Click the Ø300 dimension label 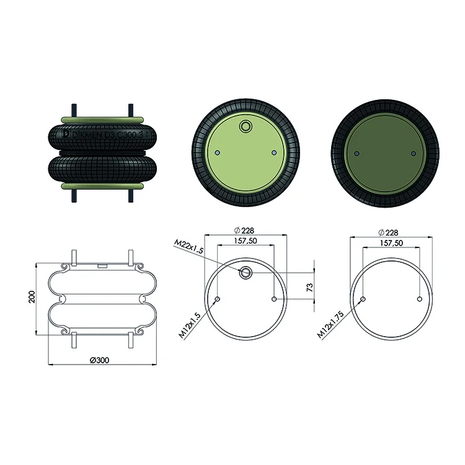point(99,360)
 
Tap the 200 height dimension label point(32,296)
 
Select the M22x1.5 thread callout point(188,247)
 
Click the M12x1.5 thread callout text point(190,325)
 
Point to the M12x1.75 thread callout point(330,324)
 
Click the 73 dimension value point(309,287)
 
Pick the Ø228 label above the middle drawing point(244,231)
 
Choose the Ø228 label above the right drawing point(388,232)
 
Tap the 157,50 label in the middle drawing point(246,241)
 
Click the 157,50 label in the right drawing point(391,243)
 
